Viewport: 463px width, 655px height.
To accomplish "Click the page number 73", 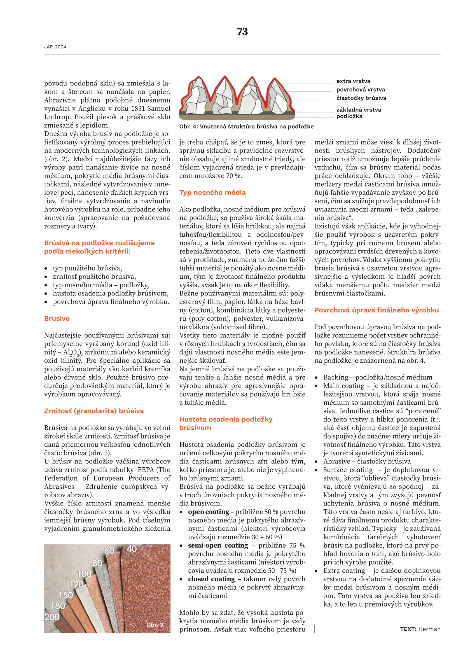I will pos(242,32).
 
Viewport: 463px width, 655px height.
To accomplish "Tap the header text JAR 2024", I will pos(55,47).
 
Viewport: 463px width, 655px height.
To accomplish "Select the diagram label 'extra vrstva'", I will pos(353,81).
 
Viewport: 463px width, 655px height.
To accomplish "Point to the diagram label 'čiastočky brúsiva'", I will pos(361,98).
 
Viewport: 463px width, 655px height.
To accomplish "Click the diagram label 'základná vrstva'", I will pos(359,110).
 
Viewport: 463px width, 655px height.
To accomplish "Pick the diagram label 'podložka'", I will pos(349,116).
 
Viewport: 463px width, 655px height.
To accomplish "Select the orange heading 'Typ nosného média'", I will pos(212,193).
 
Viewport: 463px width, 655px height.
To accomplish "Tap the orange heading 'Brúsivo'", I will pos(57,319).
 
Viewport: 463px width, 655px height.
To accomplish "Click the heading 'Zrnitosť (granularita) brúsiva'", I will pos(94,411).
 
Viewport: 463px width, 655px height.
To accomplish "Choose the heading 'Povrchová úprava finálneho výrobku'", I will pos(377,310).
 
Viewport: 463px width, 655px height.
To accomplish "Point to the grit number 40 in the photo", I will pos(132,549).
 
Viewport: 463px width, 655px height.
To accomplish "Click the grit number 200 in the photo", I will pos(52,617).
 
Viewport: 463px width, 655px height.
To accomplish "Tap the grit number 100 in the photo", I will pos(84,574).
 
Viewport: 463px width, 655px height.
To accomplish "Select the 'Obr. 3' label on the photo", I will pos(155,625).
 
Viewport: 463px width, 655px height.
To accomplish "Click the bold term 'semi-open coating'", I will pos(218,546).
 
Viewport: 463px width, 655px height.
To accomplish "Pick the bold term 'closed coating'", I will pos(211,579).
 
